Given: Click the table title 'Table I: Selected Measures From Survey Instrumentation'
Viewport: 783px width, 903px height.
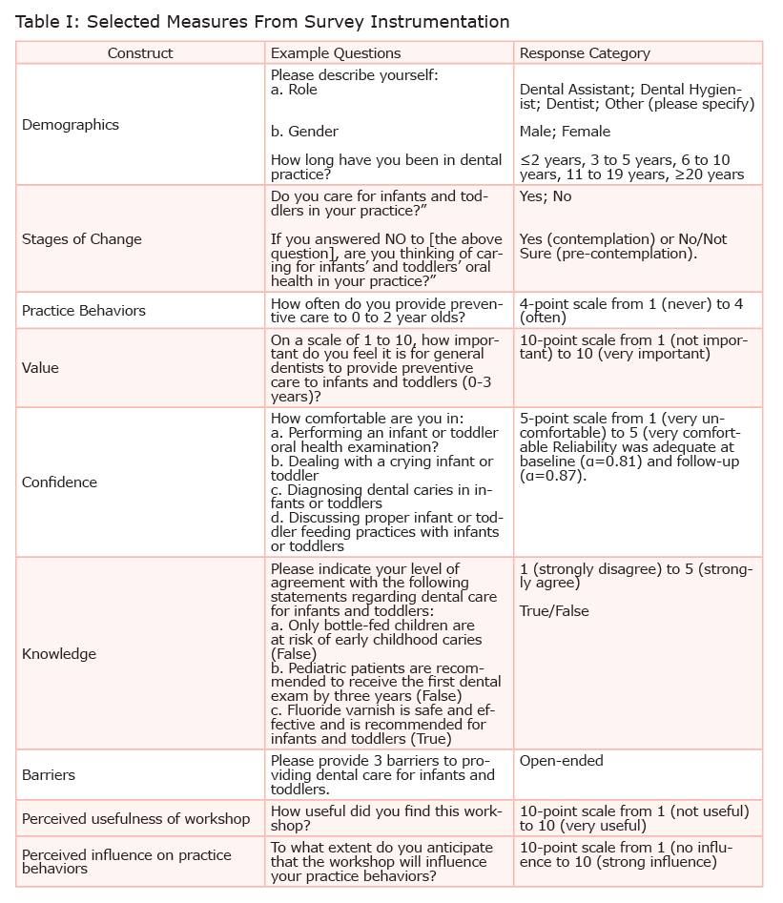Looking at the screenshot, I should point(262,22).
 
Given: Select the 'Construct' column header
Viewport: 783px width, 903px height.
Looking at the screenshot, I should point(140,53).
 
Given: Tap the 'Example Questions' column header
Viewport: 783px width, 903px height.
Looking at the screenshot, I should point(336,53).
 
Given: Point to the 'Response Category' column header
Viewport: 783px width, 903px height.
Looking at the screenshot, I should point(585,53).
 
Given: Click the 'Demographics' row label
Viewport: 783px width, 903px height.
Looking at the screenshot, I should point(71,125).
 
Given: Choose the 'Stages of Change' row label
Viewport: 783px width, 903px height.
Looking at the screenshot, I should point(81,239).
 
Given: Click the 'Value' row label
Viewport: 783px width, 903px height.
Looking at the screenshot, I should point(40,368).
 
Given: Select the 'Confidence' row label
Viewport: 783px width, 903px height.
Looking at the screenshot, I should point(59,482).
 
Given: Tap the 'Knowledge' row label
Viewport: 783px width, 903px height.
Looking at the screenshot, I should point(59,654).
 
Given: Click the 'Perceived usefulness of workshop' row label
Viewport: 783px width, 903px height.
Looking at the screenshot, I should point(136,818).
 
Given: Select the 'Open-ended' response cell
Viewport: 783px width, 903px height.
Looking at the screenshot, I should point(562,761).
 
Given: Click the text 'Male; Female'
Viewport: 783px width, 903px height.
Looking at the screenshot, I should point(565,132).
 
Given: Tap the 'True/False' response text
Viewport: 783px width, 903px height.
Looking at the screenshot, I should point(554,611).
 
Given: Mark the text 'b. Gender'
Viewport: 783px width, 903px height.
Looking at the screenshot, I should point(304,132).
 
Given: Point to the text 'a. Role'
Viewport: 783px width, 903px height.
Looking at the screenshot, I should point(294,89).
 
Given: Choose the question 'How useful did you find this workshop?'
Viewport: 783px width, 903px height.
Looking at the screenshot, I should point(386,818).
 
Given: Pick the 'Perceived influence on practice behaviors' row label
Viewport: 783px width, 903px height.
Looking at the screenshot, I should point(126,861).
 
